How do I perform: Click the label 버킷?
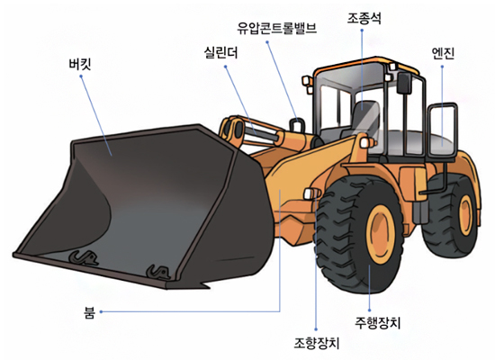click(80, 64)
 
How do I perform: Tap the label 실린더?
click(220, 52)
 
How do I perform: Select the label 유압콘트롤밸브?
click(277, 29)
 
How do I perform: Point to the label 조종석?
click(364, 18)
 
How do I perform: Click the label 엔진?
click(443, 53)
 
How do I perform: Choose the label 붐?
click(90, 312)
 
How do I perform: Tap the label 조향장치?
click(317, 343)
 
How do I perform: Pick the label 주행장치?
click(378, 323)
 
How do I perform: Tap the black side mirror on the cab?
click(404, 84)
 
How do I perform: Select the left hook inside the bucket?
click(84, 257)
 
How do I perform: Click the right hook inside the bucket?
click(157, 272)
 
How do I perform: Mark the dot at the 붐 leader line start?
click(101, 311)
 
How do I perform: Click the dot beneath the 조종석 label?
click(362, 31)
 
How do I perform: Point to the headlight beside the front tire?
click(311, 193)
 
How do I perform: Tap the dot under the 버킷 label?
click(81, 76)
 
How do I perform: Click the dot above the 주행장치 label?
click(370, 310)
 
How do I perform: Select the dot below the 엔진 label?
click(442, 67)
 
